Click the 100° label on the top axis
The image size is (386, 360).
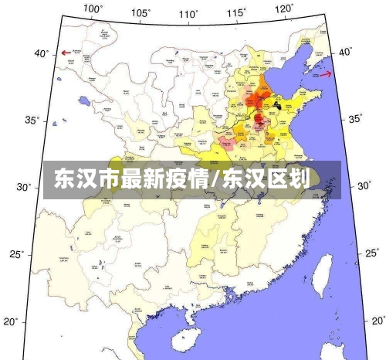tap(93, 8)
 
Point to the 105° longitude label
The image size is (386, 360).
tap(141, 12)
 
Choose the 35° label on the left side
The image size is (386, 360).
tap(32, 121)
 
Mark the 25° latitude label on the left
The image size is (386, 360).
tap(26, 254)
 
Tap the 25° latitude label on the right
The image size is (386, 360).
tap(371, 253)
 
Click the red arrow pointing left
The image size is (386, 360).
tap(66, 53)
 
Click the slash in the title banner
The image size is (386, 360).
tap(218, 180)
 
